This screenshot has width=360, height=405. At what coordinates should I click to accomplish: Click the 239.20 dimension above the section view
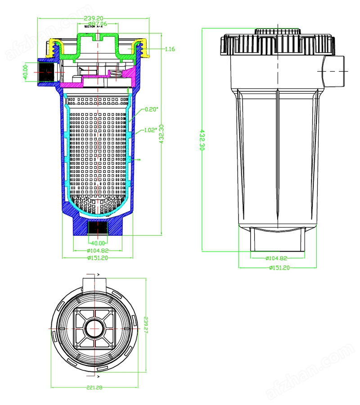point(94,18)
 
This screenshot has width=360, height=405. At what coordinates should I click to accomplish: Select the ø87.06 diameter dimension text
point(97,23)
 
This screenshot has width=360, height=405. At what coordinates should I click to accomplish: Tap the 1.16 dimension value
point(170,49)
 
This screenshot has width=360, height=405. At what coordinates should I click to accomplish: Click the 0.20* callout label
point(151,109)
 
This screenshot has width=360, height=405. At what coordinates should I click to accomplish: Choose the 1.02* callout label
point(151,130)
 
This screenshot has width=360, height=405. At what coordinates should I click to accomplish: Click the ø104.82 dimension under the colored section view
point(98,251)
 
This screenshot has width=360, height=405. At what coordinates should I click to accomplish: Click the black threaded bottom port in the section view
point(98,228)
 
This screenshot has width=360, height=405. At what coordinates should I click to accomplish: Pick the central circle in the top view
point(95,329)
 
